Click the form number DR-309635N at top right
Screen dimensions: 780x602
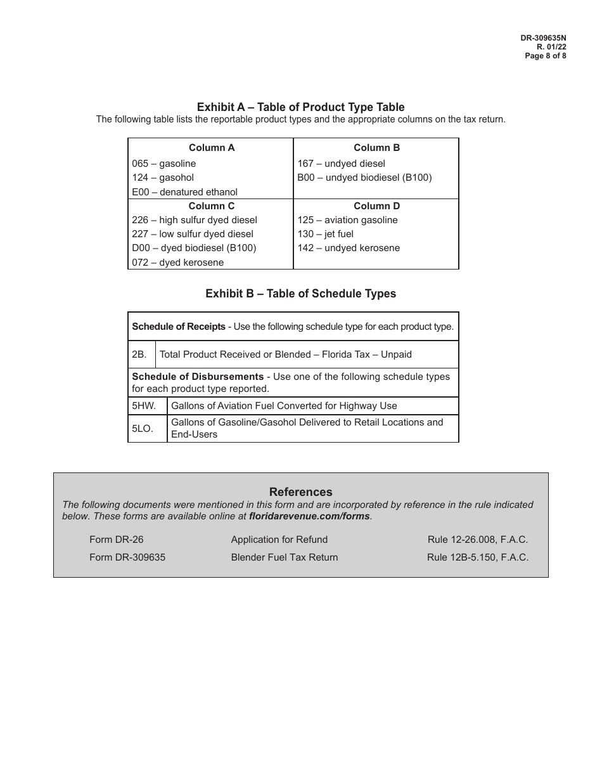click(x=543, y=38)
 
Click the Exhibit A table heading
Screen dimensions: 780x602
click(x=300, y=107)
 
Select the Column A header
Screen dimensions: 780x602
click(x=212, y=148)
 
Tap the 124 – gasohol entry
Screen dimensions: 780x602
click(x=163, y=178)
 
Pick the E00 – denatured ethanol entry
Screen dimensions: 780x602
click(x=184, y=192)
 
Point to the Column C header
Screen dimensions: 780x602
click(x=212, y=206)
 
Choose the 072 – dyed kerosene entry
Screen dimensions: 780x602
click(x=177, y=263)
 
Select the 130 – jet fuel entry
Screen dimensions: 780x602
click(x=325, y=234)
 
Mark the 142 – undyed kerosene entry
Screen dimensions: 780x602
click(x=349, y=248)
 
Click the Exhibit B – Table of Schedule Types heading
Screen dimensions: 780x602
click(x=300, y=294)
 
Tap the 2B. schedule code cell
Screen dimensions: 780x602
click(x=139, y=354)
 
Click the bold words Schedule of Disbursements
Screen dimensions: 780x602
click(x=198, y=377)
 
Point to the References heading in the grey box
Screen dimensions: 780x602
click(x=300, y=492)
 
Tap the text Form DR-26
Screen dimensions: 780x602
click(x=117, y=540)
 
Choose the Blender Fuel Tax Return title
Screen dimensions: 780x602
click(x=285, y=557)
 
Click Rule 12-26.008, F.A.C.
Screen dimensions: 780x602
click(x=477, y=540)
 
